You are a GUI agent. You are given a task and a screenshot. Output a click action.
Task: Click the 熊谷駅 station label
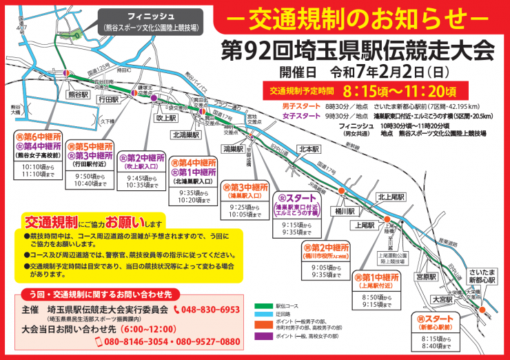[x=76, y=94]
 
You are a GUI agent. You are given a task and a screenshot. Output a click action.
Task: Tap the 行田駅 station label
[x=109, y=100]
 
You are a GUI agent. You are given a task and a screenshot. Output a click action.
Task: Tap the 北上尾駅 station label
[x=390, y=197]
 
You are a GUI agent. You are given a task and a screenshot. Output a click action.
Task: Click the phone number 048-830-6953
[x=206, y=310]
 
